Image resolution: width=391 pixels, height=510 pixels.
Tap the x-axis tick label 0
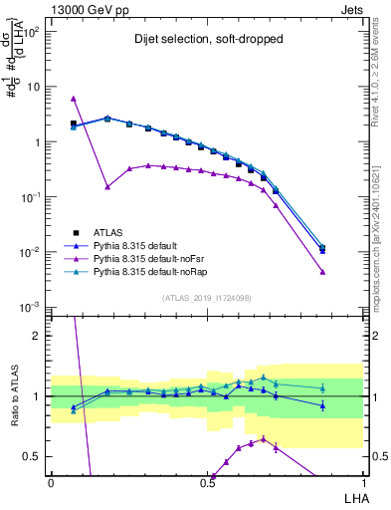[x=51, y=482]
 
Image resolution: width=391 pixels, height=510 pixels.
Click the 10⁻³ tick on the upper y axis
[x=33, y=307]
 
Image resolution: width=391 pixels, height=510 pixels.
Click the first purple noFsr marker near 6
[x=74, y=99]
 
